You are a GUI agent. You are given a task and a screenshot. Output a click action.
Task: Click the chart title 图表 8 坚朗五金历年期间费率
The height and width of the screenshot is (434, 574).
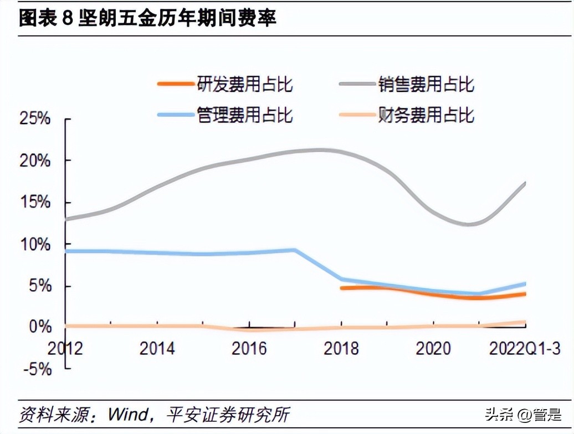(x=147, y=18)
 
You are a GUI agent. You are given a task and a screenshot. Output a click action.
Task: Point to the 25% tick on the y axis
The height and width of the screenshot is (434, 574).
(x=35, y=119)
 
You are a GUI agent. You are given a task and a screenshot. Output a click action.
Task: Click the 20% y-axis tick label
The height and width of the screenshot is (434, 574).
(x=35, y=161)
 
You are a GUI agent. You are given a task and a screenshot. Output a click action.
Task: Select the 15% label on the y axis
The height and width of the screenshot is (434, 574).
(x=35, y=203)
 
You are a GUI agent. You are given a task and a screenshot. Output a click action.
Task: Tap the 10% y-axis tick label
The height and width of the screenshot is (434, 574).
(x=35, y=245)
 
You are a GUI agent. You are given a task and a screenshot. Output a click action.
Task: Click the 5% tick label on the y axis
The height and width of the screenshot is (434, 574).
(x=40, y=286)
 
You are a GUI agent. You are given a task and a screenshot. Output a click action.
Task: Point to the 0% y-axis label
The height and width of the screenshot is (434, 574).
(x=40, y=326)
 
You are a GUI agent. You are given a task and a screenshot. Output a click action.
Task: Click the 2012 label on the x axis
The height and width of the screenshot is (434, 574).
(x=65, y=348)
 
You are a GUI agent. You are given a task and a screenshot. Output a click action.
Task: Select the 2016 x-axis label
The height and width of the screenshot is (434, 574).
(x=249, y=348)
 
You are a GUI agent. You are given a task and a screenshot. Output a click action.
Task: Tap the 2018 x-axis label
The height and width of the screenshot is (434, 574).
(x=341, y=348)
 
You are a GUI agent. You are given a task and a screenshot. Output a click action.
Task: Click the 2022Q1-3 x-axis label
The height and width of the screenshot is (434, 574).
(x=524, y=348)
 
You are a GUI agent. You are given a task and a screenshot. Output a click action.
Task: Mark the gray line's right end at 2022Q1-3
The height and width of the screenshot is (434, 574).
(x=524, y=183)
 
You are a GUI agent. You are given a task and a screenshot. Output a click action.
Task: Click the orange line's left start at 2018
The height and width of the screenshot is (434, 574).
(x=342, y=288)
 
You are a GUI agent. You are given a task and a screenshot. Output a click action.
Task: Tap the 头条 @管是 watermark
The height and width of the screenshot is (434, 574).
(x=523, y=414)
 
